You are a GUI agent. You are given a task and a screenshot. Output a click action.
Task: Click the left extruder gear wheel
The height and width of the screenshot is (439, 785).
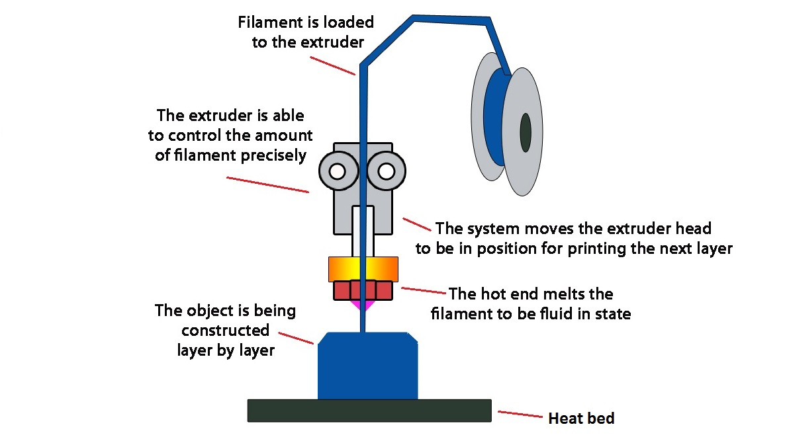click(338, 171)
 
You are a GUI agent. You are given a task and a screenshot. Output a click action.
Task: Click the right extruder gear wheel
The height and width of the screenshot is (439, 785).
click(386, 171)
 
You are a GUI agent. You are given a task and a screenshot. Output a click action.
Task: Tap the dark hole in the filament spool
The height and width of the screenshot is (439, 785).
click(526, 132)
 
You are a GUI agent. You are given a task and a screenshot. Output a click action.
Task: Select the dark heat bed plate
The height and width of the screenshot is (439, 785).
click(369, 411)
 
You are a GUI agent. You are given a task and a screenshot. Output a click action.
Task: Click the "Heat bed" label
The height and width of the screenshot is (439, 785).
click(581, 419)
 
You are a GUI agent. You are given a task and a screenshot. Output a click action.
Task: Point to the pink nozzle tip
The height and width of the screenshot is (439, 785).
click(363, 304)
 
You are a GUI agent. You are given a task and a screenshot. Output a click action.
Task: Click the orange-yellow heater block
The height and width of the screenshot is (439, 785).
click(363, 269)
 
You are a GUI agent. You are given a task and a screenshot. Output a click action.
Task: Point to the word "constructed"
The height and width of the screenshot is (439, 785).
click(225, 330)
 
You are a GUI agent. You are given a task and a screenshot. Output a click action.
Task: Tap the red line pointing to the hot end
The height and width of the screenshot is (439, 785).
click(423, 290)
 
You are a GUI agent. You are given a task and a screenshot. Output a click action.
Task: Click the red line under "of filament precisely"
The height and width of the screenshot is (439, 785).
click(268, 184)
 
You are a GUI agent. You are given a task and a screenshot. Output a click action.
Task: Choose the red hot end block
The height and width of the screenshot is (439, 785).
click(363, 290)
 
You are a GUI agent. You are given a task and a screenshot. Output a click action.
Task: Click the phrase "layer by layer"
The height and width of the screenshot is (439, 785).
click(226, 350)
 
